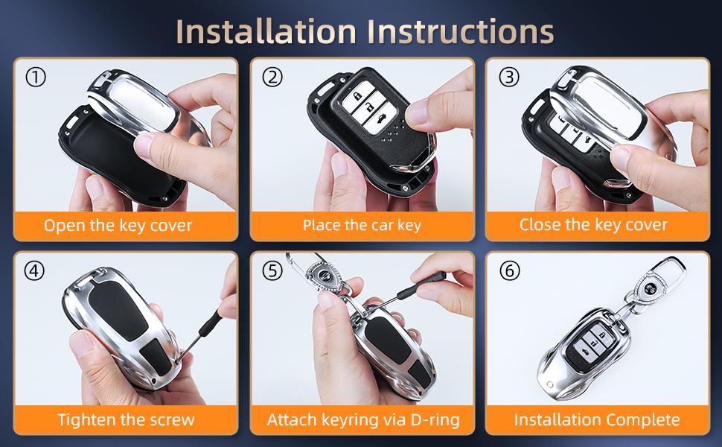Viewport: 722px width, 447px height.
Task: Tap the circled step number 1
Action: click(x=36, y=77)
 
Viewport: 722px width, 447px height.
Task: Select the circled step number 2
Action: click(x=272, y=77)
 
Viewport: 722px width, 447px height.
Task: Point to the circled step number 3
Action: click(x=509, y=77)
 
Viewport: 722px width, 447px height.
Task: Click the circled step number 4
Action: click(x=34, y=270)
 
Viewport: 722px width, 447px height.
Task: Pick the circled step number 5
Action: click(x=272, y=270)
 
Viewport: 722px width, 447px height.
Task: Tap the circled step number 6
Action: click(x=509, y=270)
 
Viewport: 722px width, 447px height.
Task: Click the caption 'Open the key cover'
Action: click(x=118, y=225)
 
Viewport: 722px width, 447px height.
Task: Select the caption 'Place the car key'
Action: click(x=362, y=225)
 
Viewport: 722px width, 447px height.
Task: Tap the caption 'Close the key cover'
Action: click(x=593, y=225)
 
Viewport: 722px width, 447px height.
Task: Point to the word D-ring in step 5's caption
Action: click(x=435, y=420)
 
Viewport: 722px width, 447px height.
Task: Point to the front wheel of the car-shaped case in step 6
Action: click(x=549, y=384)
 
